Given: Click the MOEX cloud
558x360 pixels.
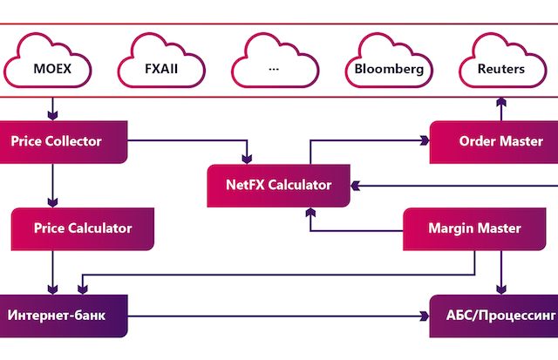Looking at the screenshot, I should click(x=52, y=65).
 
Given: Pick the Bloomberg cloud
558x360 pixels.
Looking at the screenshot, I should click(x=388, y=65).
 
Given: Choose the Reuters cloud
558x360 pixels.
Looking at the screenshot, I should click(x=501, y=65).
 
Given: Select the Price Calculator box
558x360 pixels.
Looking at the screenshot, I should click(x=83, y=228).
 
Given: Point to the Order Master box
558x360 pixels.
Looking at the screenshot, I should click(x=493, y=141).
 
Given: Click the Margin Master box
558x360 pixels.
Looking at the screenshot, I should click(x=474, y=228).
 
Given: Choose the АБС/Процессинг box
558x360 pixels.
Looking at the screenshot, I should click(x=493, y=315).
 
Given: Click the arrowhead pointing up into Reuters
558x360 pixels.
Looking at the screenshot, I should click(x=501, y=101).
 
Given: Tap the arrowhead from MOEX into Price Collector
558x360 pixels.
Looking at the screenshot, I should click(x=52, y=114).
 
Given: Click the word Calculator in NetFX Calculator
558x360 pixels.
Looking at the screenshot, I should click(x=301, y=185).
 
